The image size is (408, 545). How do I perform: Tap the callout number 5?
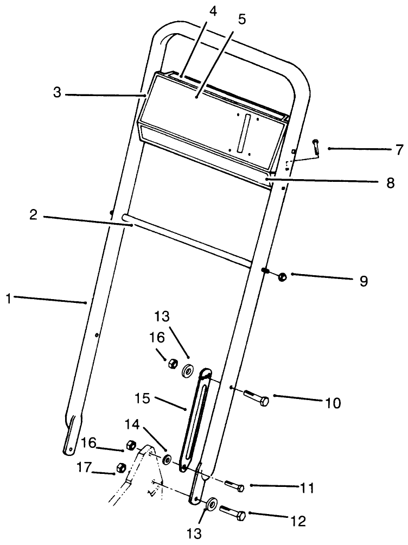[241, 20]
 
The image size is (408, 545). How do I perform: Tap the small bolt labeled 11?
[234, 486]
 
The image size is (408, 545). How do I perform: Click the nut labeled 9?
[282, 277]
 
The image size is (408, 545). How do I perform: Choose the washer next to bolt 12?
[211, 505]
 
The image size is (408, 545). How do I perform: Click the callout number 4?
[214, 11]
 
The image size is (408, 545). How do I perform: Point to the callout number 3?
[57, 92]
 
